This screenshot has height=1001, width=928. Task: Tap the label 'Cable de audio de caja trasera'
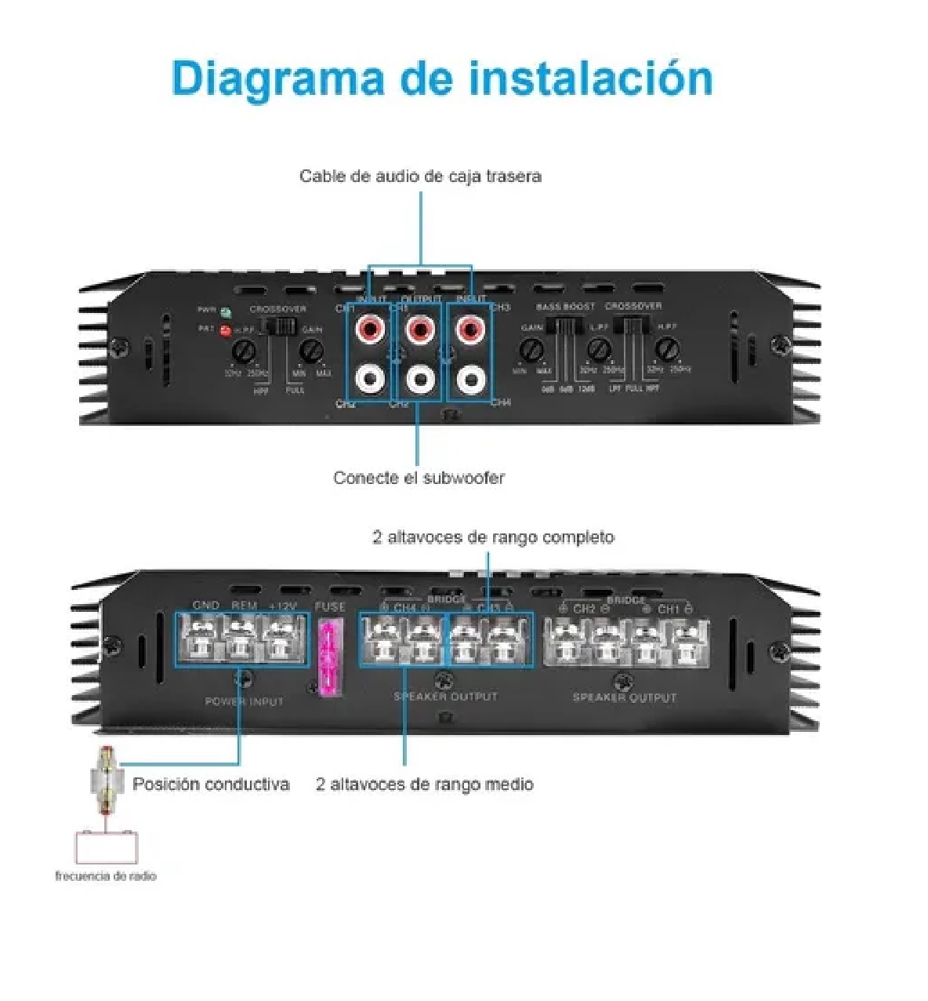(420, 176)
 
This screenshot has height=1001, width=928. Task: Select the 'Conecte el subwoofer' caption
(419, 478)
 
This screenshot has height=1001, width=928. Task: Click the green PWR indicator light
(226, 311)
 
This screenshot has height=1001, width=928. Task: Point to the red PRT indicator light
(226, 330)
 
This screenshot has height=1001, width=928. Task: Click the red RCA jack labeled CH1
(370, 328)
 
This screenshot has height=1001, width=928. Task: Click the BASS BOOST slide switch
(561, 327)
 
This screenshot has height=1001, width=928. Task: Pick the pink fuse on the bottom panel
(330, 657)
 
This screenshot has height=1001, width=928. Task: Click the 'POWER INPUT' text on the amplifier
(244, 701)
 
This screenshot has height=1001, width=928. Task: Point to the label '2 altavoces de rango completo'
(493, 537)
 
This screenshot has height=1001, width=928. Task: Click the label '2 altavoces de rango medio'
(424, 784)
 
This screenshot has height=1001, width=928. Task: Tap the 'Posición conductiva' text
(211, 784)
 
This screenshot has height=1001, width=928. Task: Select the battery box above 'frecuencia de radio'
(106, 847)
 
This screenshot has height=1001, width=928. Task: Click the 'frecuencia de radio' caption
(106, 876)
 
